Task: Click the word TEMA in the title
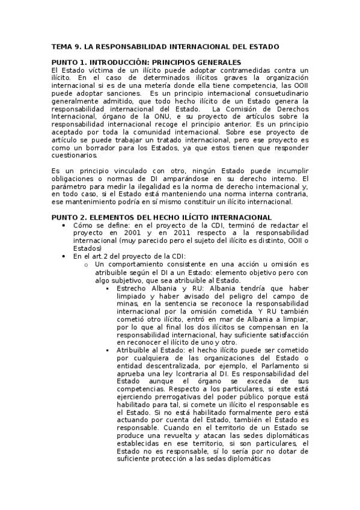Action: pos(61,46)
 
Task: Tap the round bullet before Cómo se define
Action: pos(64,225)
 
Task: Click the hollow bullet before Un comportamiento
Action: pos(87,264)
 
